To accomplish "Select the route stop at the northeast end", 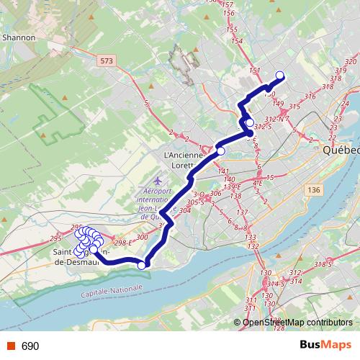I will [x=280, y=74].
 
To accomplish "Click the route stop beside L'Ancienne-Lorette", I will [x=221, y=150].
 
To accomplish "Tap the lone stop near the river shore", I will [x=141, y=266].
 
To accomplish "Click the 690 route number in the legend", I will [x=30, y=346].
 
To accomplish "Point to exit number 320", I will [x=351, y=63].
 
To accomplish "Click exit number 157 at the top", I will [x=229, y=5].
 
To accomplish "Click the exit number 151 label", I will [x=253, y=70].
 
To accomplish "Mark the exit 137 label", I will [x=243, y=212].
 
